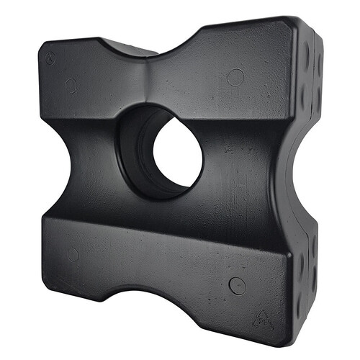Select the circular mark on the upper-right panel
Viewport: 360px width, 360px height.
point(235,77)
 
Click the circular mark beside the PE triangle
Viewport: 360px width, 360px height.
point(237,285)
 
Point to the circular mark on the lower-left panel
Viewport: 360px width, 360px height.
point(73,254)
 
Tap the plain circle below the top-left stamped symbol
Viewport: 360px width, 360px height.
point(70,86)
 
